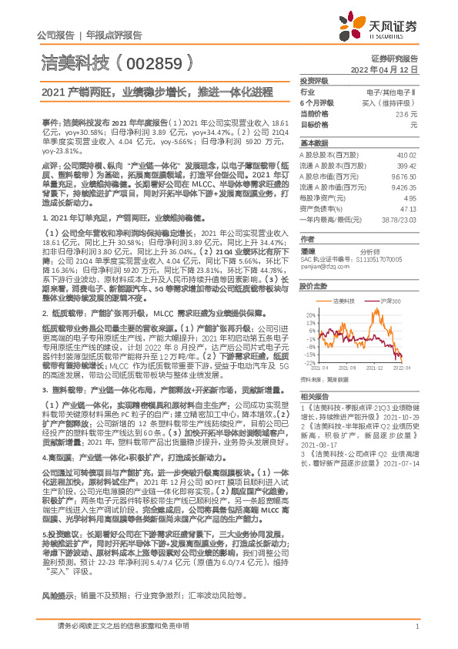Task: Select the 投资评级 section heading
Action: [314, 81]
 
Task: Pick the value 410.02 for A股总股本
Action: [406, 155]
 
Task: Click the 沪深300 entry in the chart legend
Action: [383, 300]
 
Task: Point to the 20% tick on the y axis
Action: [309, 314]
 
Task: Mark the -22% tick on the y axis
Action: [308, 361]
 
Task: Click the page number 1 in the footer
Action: [416, 627]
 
